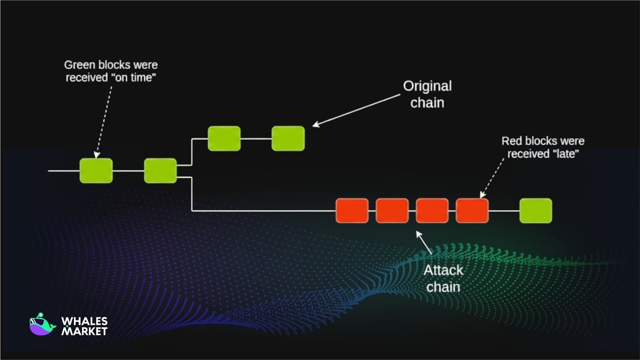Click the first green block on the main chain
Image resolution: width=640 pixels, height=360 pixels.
(96, 171)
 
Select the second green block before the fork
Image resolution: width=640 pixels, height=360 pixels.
(160, 171)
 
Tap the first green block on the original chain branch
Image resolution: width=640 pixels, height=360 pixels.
(224, 138)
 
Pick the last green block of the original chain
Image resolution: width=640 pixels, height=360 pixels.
(288, 138)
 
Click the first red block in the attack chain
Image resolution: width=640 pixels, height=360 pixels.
(352, 211)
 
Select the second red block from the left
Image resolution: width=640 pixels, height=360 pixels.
(392, 211)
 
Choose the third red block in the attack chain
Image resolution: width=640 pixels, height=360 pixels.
(432, 211)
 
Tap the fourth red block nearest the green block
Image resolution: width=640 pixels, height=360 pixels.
(472, 211)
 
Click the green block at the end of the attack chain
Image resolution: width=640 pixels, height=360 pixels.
(536, 211)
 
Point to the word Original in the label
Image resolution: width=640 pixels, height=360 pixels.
(427, 86)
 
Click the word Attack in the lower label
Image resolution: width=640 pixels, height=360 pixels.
(443, 270)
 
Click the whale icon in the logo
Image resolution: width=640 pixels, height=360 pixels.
(42, 325)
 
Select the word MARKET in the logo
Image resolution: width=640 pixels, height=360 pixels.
(84, 331)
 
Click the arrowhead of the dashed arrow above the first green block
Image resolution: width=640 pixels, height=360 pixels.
(96, 155)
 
